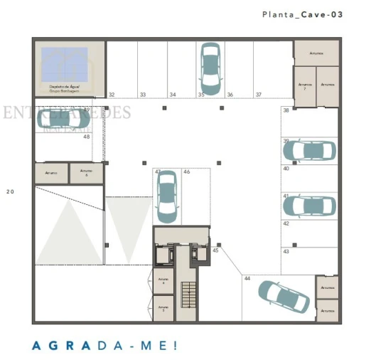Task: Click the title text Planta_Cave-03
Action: pos(302,14)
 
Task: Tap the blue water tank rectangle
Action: pos(64,64)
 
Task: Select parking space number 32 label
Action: pos(112,94)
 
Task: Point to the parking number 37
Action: pos(258,94)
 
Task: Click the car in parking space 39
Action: pos(309,150)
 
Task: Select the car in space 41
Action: pos(309,205)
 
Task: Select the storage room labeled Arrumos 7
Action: pos(304,85)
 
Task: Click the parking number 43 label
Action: pos(286,252)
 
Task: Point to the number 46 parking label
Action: pos(187,171)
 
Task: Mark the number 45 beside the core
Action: pos(215,250)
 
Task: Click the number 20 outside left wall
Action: pos(10,191)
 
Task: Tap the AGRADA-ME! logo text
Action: pos(104,346)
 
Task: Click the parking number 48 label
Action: pos(86,137)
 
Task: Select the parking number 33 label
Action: pos(142,94)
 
